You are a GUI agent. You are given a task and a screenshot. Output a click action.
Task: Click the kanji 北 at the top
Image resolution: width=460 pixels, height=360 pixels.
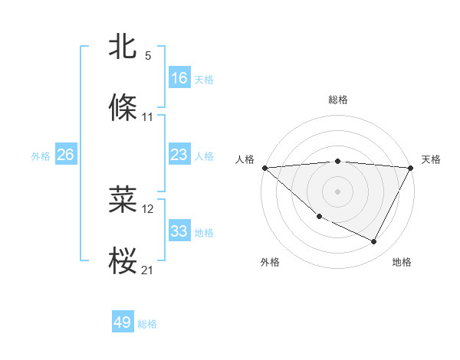coord(123,47)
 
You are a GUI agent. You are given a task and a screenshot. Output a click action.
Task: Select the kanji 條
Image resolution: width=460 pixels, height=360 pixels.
coord(123,107)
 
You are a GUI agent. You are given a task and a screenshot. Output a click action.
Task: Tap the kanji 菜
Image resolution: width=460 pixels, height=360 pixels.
coord(123,199)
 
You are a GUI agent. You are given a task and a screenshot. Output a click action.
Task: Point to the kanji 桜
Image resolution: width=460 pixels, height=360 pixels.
coord(123,260)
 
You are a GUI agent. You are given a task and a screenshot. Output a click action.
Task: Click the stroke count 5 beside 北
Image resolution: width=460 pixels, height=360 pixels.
coord(148,56)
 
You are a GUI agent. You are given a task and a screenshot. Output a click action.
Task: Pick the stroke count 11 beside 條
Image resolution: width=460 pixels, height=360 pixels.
coord(148,117)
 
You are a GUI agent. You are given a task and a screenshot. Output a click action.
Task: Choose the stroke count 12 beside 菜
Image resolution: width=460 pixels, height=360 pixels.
coord(149,208)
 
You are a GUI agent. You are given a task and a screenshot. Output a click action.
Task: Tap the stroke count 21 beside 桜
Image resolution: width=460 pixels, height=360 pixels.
coord(149,270)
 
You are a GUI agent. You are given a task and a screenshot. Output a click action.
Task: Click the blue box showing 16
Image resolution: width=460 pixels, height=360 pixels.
coord(179,78)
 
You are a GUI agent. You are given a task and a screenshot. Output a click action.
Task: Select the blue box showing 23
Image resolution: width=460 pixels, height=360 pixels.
coord(179,155)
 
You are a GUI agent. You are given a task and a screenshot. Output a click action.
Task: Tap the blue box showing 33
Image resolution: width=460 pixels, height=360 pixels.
coord(179,231)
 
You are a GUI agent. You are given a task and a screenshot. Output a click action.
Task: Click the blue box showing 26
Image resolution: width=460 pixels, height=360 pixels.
coord(65,155)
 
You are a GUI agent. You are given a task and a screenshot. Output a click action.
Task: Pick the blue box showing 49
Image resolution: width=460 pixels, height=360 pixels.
coord(123,322)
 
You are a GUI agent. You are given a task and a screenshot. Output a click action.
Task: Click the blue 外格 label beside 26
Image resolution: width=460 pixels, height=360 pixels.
coord(41,156)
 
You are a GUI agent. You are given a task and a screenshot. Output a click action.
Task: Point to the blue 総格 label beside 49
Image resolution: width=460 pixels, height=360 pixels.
coord(147,324)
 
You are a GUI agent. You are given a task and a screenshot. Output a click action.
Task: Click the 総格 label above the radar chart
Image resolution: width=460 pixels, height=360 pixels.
coord(337,100)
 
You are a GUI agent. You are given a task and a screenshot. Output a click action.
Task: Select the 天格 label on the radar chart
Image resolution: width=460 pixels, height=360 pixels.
coord(431,159)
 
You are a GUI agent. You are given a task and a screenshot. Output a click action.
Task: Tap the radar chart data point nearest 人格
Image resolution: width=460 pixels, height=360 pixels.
coord(264,167)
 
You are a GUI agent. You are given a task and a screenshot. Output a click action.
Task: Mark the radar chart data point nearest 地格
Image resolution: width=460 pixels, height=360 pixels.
coord(374,242)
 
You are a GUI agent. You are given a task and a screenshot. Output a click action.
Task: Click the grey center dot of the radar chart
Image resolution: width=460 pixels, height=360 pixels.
coord(337,191)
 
